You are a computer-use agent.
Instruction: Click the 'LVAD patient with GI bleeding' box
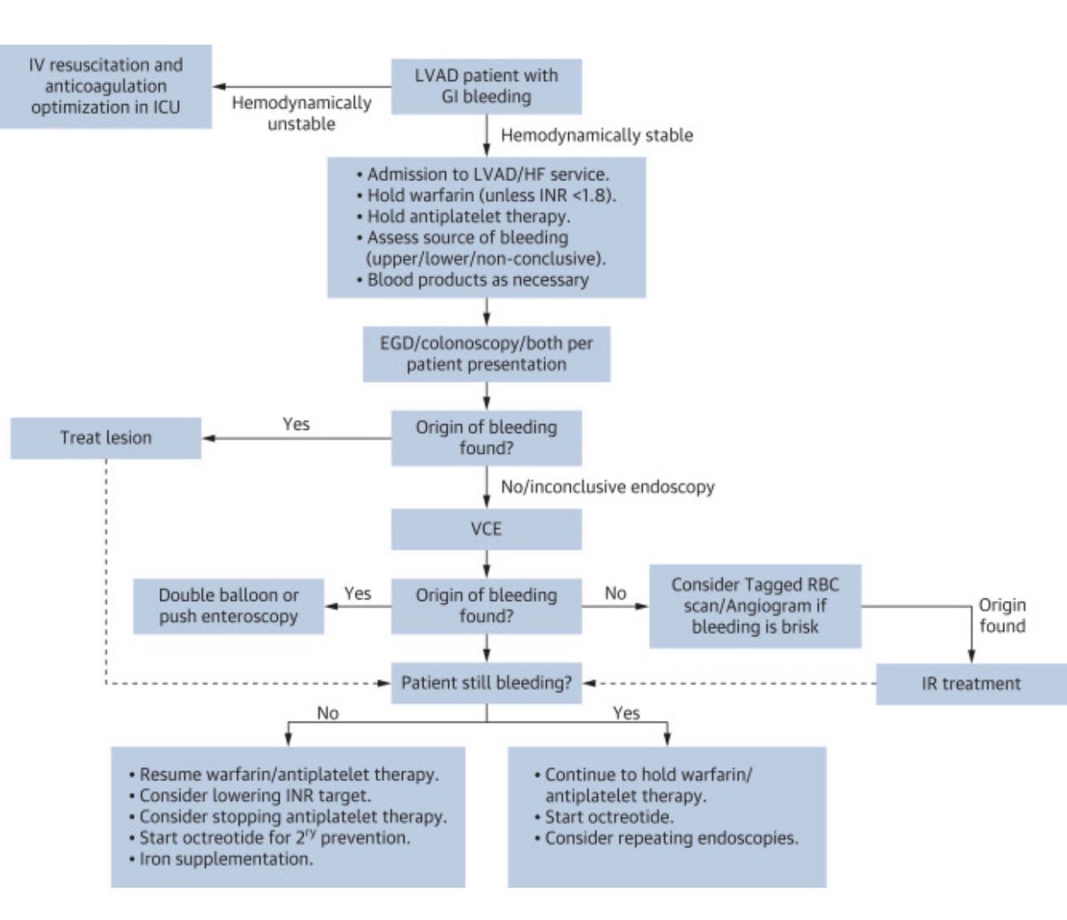486,86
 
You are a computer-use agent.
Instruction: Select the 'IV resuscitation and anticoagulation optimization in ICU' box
105,86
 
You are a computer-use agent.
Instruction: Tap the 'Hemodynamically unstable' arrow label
301,113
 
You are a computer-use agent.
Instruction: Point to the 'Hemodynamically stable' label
597,135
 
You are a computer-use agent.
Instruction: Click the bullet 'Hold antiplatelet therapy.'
469,216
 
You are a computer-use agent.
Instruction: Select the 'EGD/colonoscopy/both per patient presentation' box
486,354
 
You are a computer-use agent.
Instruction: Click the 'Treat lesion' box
106,437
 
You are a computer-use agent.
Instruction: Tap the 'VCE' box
486,529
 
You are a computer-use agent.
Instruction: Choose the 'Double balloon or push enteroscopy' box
229,605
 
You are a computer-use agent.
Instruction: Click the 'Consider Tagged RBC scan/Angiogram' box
755,605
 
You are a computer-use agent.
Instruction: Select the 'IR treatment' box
971,684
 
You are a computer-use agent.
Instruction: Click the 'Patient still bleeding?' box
486,683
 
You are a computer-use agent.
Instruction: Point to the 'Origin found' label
1002,615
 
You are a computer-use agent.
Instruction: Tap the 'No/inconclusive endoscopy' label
607,486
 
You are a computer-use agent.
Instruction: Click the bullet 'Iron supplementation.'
226,859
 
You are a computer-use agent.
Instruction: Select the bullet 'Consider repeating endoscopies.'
671,837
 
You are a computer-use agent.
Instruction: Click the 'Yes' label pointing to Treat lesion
296,424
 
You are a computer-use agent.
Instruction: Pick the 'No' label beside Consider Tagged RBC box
615,593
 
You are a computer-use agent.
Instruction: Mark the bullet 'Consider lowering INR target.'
255,796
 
